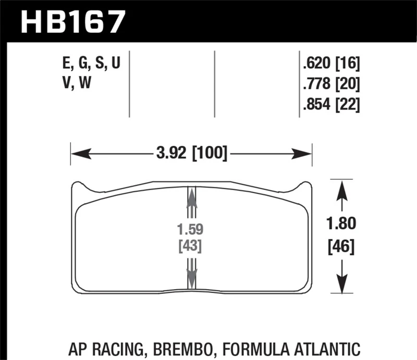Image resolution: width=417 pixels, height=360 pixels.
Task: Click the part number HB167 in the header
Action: click(72, 22)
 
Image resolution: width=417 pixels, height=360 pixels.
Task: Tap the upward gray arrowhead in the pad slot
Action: click(192, 198)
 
